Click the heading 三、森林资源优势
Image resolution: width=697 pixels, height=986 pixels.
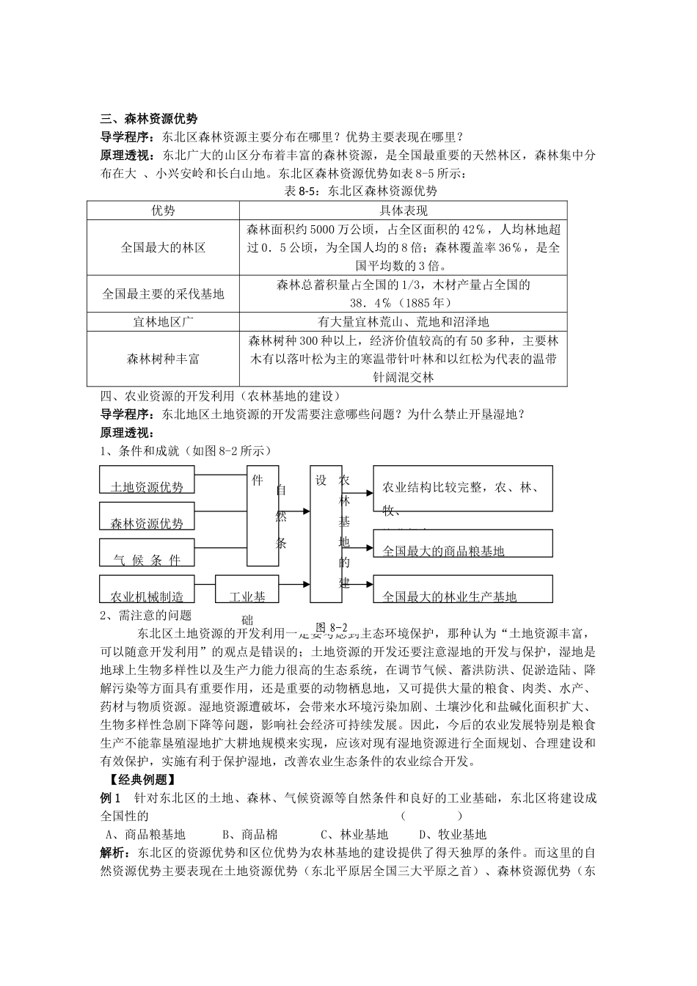[x=149, y=119]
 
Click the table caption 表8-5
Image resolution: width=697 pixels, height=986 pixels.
[x=360, y=191]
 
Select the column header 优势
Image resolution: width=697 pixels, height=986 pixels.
[x=163, y=211]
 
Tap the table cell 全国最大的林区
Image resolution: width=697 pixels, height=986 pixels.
[x=163, y=248]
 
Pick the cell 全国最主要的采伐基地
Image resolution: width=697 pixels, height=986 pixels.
[x=163, y=294]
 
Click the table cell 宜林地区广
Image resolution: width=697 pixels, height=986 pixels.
[x=163, y=322]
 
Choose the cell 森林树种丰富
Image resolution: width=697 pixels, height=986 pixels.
[x=163, y=359]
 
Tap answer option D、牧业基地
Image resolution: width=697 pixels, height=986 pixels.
[x=452, y=834]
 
